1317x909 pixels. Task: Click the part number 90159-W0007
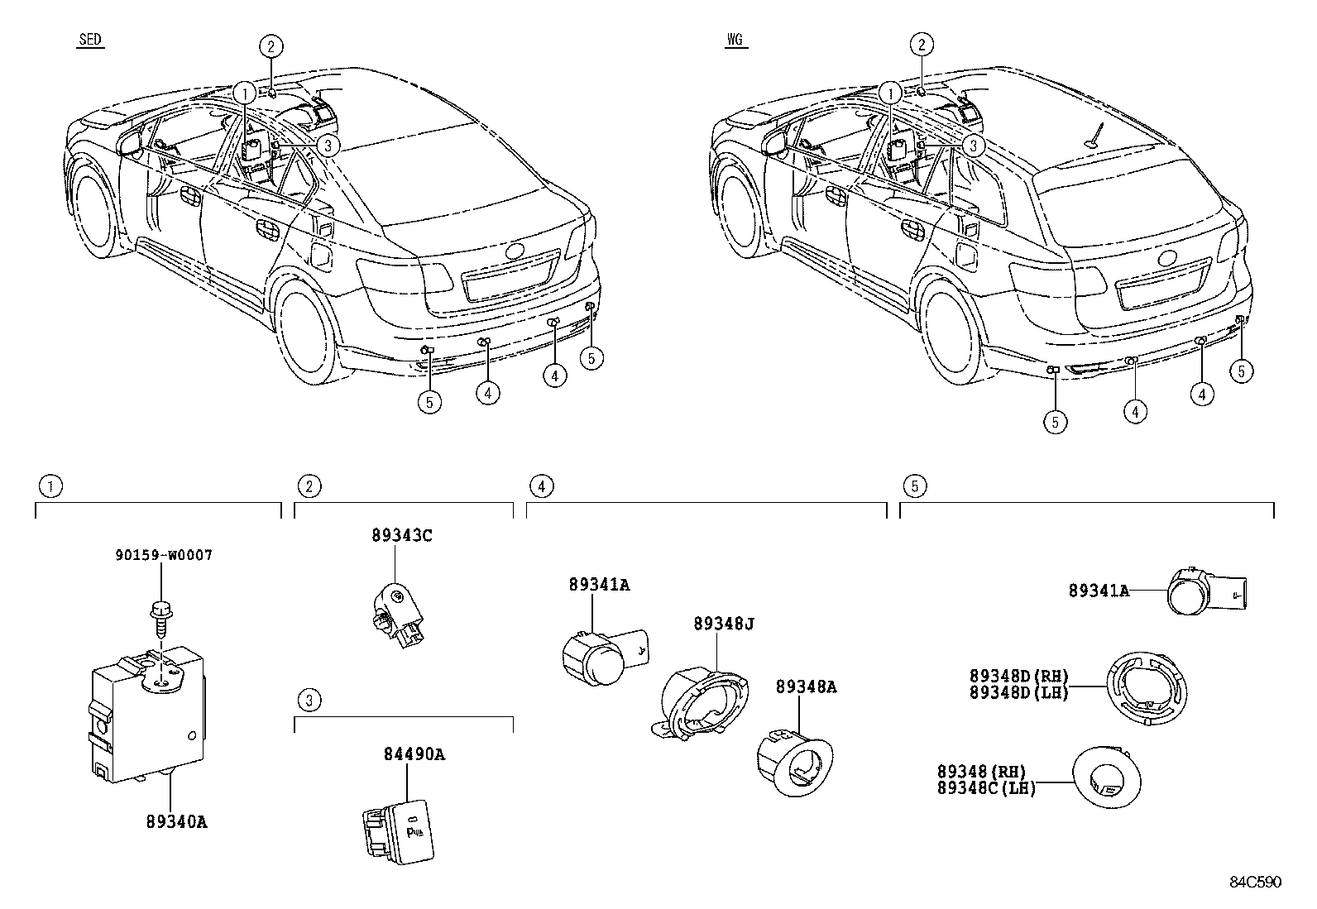[x=164, y=555]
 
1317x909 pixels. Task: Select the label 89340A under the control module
[x=177, y=822]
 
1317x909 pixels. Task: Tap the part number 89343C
[x=401, y=536]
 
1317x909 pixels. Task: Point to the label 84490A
[x=414, y=754]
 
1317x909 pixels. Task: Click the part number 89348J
[x=724, y=624]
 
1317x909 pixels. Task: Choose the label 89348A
[x=806, y=687]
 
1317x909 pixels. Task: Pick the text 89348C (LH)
[x=986, y=789]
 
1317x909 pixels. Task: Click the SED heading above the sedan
[x=90, y=40]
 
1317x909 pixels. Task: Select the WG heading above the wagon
[x=735, y=40]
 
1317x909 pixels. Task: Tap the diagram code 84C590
[x=1255, y=882]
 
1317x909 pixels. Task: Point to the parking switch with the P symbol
[x=399, y=831]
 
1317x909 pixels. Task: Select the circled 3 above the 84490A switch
[x=309, y=701]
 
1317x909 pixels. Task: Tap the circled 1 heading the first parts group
[x=50, y=486]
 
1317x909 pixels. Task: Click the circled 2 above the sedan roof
[x=271, y=45]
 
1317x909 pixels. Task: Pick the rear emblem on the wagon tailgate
[x=1169, y=259]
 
